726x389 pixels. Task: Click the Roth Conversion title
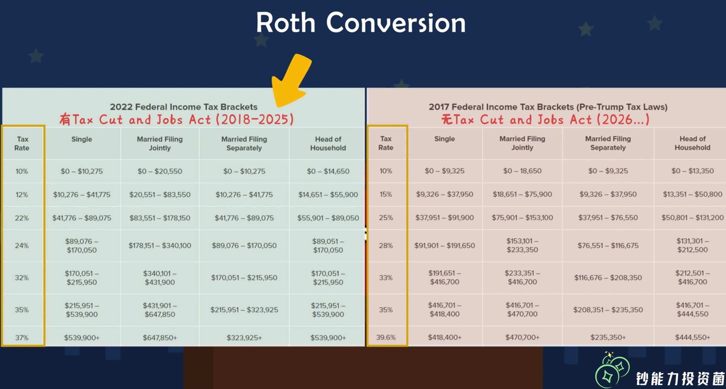coord(361,23)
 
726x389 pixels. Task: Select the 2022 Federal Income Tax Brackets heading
coord(184,107)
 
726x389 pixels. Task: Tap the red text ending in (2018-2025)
coord(176,119)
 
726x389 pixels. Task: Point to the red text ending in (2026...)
coord(545,119)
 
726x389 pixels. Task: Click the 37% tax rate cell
coord(22,337)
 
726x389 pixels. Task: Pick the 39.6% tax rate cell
coord(386,337)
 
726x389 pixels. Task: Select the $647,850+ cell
coord(160,337)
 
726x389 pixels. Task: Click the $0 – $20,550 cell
coord(160,171)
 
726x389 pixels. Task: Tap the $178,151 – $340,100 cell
coord(160,245)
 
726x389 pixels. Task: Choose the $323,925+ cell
coord(244,337)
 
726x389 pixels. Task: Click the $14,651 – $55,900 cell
coord(328,194)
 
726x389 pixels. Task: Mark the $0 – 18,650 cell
coord(522,171)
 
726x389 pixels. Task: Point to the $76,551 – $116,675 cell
coord(608,245)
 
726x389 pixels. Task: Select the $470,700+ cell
coord(522,337)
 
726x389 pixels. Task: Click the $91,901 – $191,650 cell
coord(445,245)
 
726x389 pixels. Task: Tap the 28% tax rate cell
coord(386,245)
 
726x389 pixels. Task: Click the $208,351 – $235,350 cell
coord(608,310)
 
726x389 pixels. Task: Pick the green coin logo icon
coord(612,369)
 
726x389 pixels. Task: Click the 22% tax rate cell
coord(22,218)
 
